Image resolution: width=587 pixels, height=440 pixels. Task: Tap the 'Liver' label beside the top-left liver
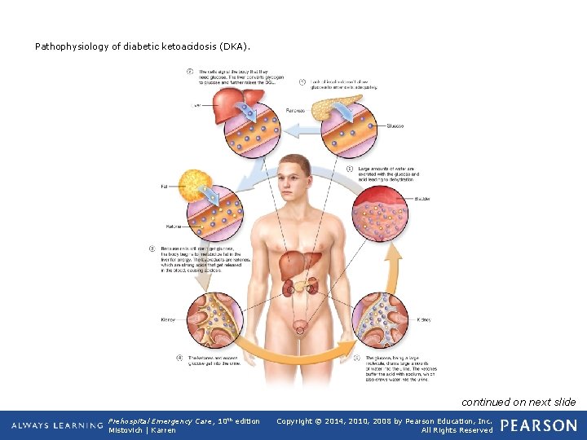click(196, 105)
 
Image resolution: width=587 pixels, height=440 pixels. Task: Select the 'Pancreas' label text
click(296, 110)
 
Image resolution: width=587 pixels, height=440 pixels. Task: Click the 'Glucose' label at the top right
click(395, 126)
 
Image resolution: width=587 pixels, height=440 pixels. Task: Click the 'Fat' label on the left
click(164, 187)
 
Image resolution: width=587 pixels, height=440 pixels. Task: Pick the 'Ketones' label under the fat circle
click(174, 226)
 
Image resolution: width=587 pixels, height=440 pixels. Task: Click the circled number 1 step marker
click(302, 82)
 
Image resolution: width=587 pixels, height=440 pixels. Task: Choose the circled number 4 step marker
click(179, 357)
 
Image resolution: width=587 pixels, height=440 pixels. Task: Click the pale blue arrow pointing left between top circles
click(302, 127)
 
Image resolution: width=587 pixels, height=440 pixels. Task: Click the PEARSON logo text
click(538, 425)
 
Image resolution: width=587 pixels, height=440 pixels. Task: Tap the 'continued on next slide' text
click(519, 402)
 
